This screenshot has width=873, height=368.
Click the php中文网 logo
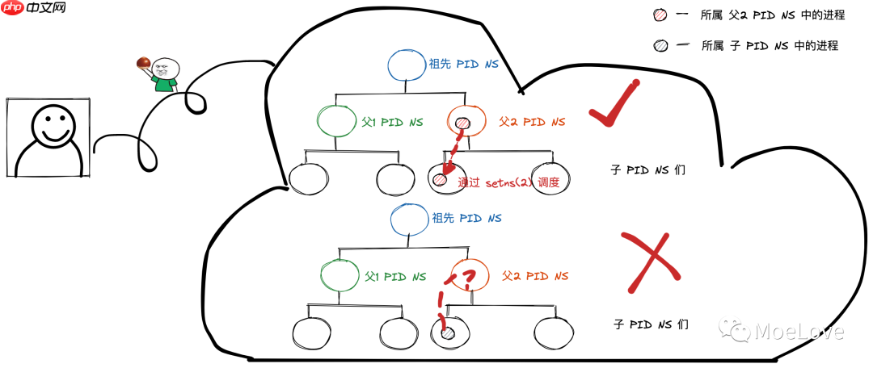[x=34, y=10]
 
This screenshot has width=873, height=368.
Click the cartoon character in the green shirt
[x=165, y=73]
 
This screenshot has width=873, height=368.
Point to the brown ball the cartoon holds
[x=144, y=62]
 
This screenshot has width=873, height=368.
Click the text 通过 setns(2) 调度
[x=508, y=182]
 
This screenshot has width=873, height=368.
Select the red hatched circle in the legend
[x=660, y=15]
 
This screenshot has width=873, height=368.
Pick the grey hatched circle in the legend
[x=660, y=45]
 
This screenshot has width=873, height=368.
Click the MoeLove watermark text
[x=799, y=331]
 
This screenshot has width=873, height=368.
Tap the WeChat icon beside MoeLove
[x=736, y=330]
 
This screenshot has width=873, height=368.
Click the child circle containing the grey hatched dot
[x=446, y=331]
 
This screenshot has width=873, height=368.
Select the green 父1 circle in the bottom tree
[x=339, y=276]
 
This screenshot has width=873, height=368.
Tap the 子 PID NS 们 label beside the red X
[x=651, y=324]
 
